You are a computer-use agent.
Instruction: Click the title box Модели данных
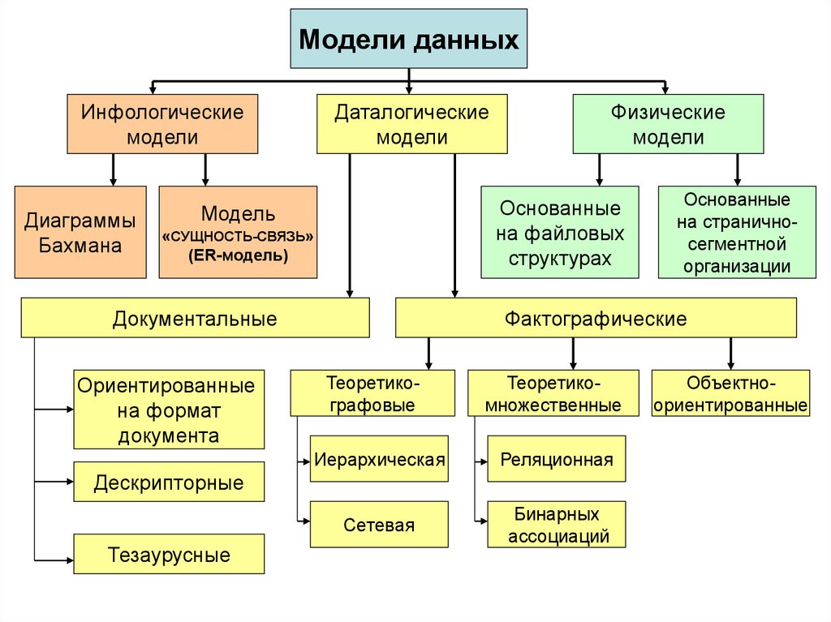[x=409, y=39]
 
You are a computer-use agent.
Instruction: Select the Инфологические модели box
[x=162, y=124]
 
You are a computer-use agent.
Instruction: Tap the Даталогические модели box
[x=411, y=124]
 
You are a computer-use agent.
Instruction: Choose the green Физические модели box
[x=668, y=124]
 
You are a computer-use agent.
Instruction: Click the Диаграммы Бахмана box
[x=80, y=232]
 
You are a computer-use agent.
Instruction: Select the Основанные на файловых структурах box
[x=560, y=233]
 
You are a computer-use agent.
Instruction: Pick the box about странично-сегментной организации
[x=737, y=233]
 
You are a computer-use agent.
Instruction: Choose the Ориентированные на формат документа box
[x=169, y=410]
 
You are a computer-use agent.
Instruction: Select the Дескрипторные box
[x=169, y=483]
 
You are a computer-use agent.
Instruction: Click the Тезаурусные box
[x=169, y=556]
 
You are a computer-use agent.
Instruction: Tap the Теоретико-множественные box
[x=553, y=393]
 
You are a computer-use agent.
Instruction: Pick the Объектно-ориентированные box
[x=730, y=393]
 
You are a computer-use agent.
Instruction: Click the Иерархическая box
[x=379, y=460]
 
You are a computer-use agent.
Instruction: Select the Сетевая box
[x=379, y=525]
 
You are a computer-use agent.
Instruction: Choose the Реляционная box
[x=557, y=460]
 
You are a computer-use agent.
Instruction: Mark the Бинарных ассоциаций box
[x=557, y=525]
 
